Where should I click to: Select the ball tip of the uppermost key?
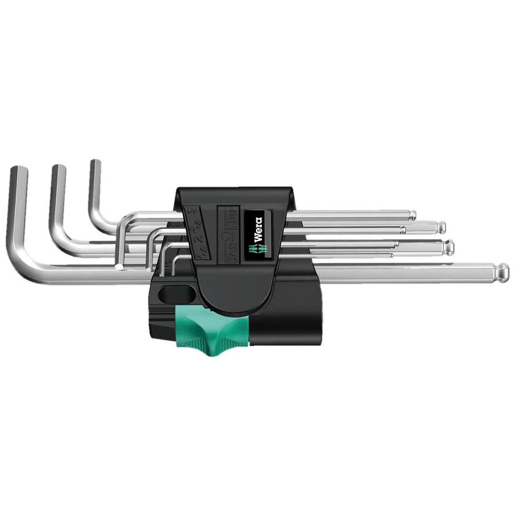click(x=412, y=214)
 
